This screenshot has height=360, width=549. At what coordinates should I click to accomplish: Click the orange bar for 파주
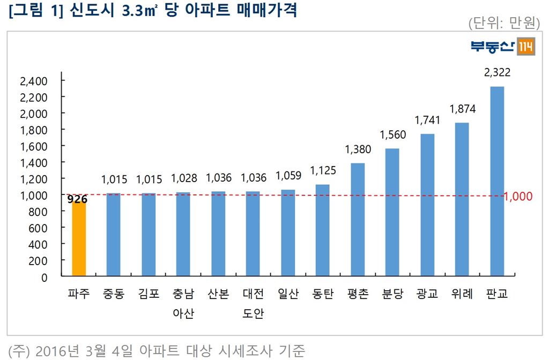pyautogui.click(x=78, y=238)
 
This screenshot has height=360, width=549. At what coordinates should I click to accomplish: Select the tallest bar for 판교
pyautogui.click(x=497, y=182)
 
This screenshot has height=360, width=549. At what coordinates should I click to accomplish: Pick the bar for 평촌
pyautogui.click(x=358, y=220)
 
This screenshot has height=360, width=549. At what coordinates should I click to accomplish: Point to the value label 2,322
pyautogui.click(x=497, y=73)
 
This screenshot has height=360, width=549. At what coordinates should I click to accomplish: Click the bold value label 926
pyautogui.click(x=78, y=200)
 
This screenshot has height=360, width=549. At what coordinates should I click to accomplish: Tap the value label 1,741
pyautogui.click(x=427, y=121)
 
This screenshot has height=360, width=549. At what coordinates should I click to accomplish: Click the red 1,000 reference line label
pyautogui.click(x=518, y=196)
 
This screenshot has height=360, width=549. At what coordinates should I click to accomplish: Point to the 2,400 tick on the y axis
pyautogui.click(x=34, y=81)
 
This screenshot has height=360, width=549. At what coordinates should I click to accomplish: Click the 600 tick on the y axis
pyautogui.click(x=40, y=228)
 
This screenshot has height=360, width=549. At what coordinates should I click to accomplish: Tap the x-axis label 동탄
pyautogui.click(x=323, y=294)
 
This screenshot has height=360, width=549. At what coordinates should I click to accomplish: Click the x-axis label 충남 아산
pyautogui.click(x=183, y=304)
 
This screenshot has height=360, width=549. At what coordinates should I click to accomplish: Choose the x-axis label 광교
pyautogui.click(x=427, y=294)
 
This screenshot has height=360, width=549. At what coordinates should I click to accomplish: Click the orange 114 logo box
pyautogui.click(x=525, y=48)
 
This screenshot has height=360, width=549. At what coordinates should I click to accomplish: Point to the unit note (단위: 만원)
pyautogui.click(x=503, y=23)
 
